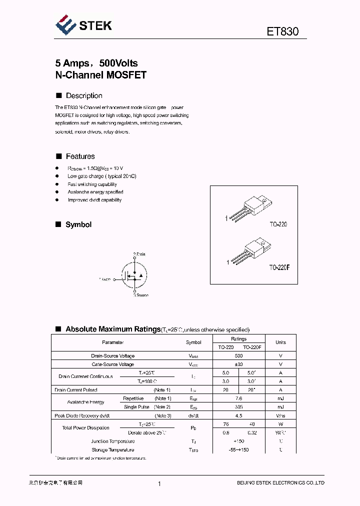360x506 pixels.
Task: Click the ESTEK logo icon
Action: (x=65, y=24)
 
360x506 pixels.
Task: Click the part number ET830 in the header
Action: (x=282, y=31)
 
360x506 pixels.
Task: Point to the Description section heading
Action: (x=84, y=95)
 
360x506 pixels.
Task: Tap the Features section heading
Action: (x=80, y=156)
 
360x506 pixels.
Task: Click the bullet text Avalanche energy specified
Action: (x=95, y=192)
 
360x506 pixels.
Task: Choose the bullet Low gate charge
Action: (x=102, y=176)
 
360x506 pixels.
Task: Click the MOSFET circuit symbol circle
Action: (x=134, y=275)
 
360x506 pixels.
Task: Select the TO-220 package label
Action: (x=278, y=225)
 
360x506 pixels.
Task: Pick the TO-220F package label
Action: (x=279, y=267)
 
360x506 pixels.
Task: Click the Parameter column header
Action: (x=113, y=342)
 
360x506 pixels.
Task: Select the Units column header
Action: (x=280, y=342)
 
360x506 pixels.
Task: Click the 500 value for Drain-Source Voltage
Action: (x=238, y=356)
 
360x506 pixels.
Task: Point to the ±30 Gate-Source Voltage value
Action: (x=238, y=364)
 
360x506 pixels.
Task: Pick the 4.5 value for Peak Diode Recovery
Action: (x=238, y=415)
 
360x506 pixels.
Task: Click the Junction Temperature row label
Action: (x=113, y=441)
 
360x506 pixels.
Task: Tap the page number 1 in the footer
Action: (x=159, y=483)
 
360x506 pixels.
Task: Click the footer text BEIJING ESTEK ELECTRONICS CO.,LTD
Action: (x=280, y=482)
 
